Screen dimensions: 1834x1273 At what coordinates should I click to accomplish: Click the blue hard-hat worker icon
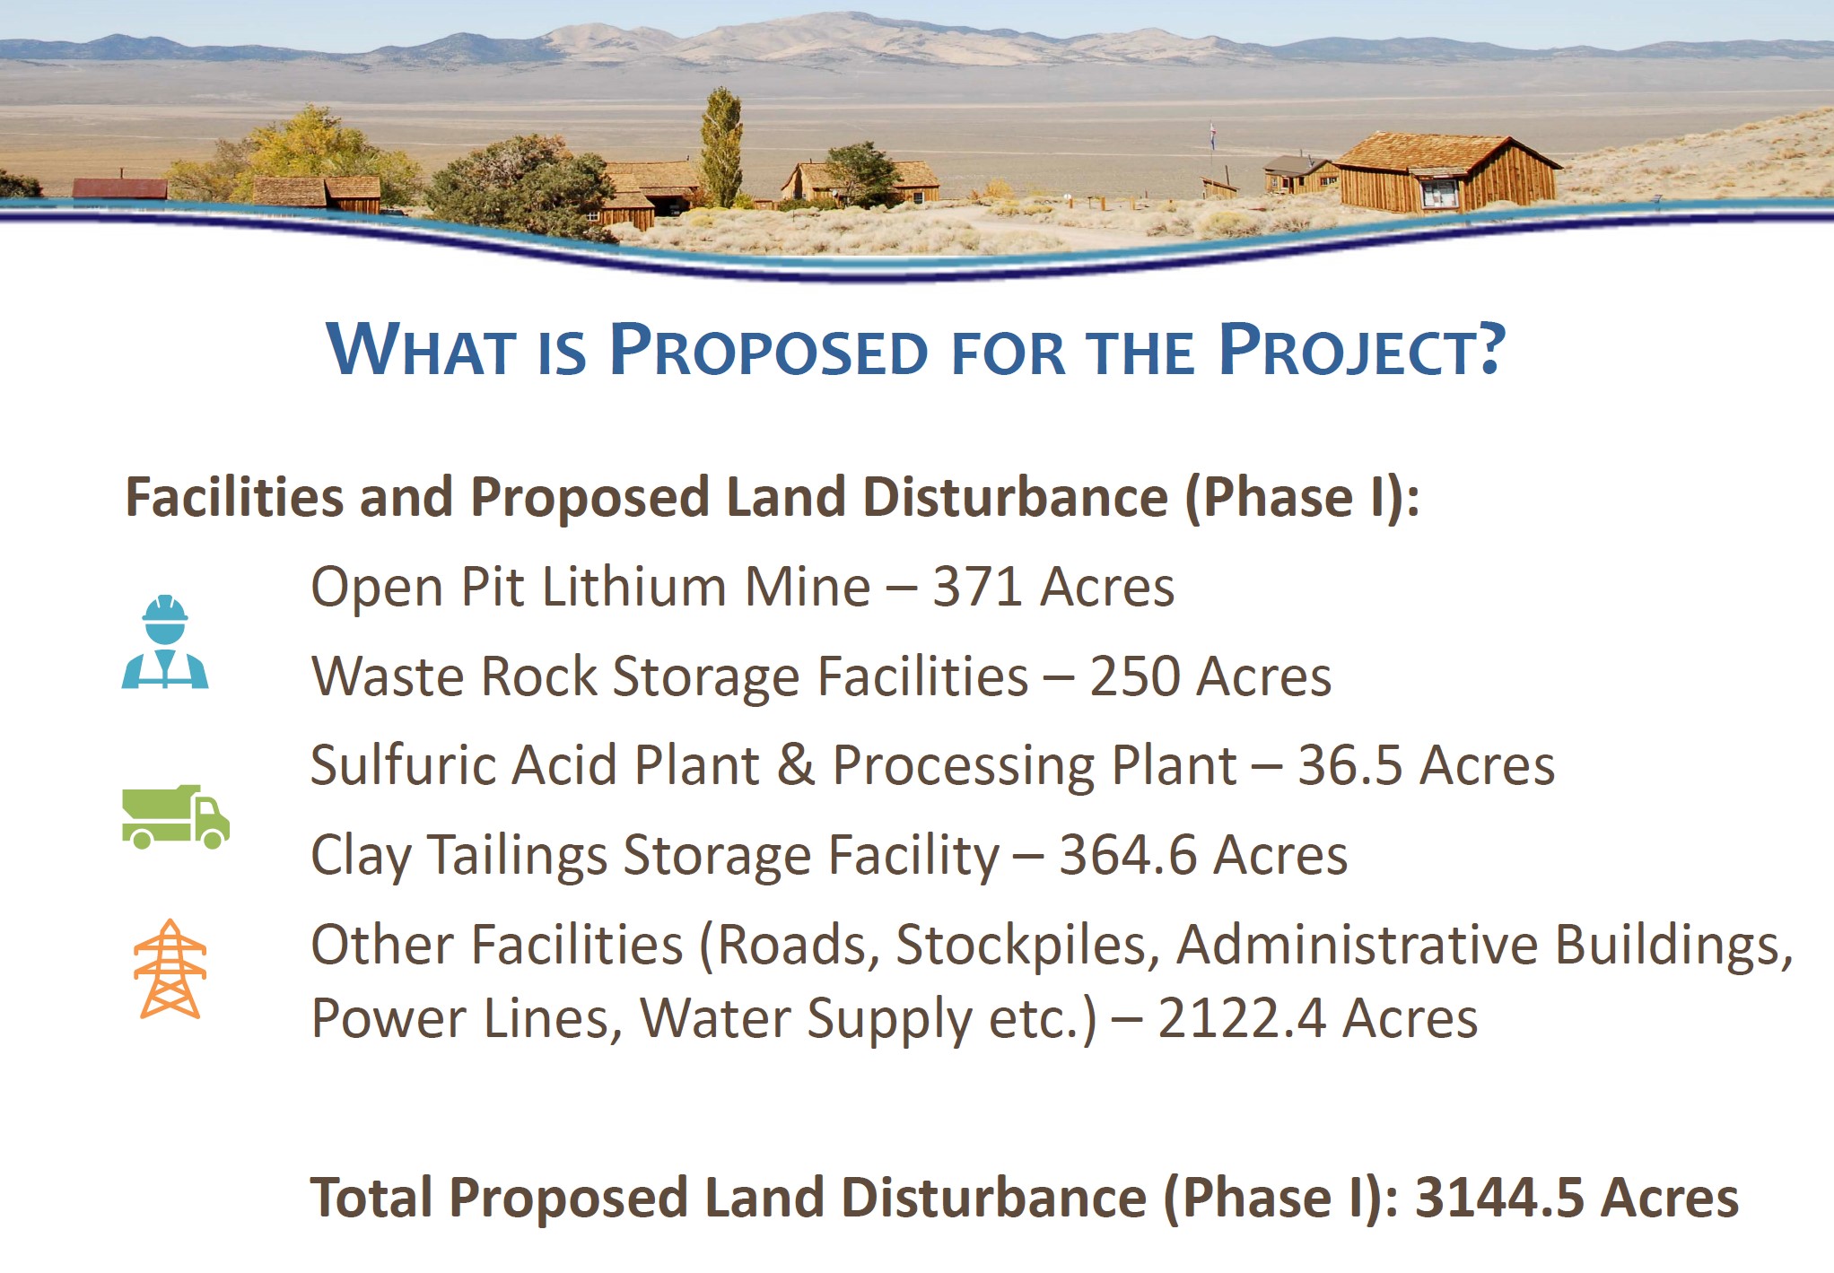(165, 641)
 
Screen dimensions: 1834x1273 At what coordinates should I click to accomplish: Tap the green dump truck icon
(176, 817)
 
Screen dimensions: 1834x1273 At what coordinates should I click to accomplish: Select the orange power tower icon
(170, 969)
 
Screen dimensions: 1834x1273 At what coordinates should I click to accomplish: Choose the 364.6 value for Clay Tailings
(1127, 855)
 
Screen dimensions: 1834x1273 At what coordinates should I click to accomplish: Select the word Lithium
(633, 588)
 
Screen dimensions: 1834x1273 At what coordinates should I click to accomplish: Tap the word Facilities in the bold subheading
(234, 497)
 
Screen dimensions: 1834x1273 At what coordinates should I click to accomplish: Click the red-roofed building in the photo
(119, 188)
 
